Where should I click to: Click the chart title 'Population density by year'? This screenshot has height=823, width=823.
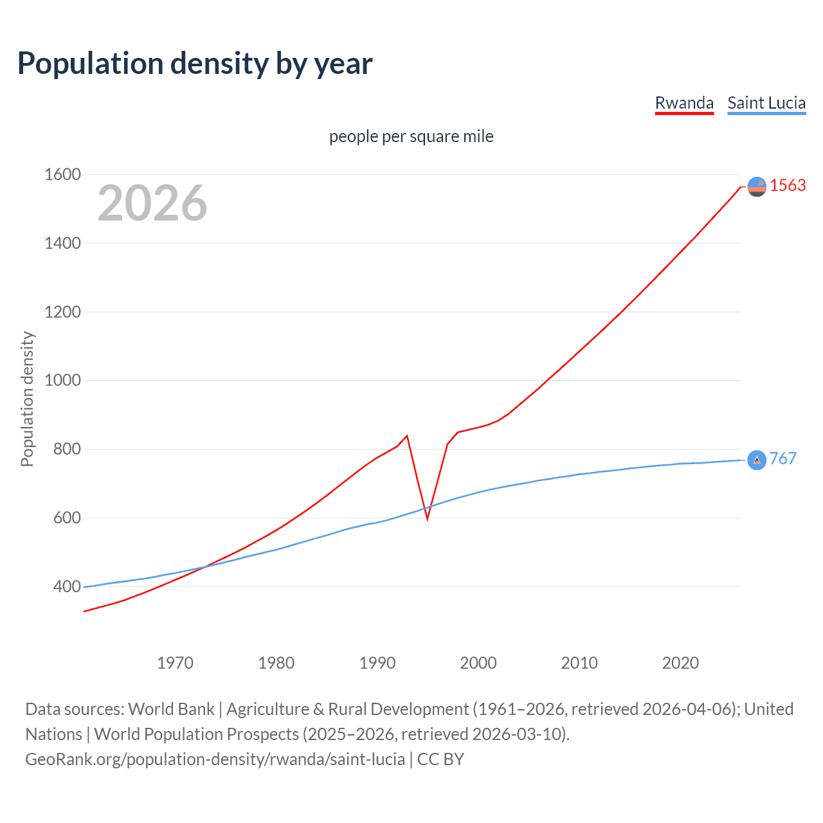[x=195, y=64]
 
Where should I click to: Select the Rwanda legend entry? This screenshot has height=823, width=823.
[x=684, y=103]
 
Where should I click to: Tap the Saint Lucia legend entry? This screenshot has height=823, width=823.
[x=766, y=103]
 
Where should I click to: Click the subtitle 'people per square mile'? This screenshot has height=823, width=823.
[x=411, y=136]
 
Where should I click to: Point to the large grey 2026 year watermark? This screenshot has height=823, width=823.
[x=152, y=203]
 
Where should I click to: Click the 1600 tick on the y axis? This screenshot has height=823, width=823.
[x=62, y=174]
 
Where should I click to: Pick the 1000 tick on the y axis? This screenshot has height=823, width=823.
[x=62, y=380]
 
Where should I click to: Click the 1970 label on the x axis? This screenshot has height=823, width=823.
[x=175, y=663]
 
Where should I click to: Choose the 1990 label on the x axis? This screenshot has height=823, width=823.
[x=377, y=663]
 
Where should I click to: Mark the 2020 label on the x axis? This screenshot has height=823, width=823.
[x=680, y=663]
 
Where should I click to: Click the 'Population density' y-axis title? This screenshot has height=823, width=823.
[x=27, y=399]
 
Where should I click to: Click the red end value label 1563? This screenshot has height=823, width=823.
[x=788, y=185]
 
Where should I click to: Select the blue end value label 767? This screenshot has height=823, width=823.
[x=782, y=458]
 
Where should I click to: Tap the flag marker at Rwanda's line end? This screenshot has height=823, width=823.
[x=757, y=186]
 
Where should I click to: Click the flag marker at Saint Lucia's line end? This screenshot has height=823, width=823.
[x=757, y=460]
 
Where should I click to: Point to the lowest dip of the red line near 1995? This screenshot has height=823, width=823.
[x=427, y=518]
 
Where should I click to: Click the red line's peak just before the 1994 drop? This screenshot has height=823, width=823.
[x=407, y=436]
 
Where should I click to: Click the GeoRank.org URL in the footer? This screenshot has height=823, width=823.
[x=215, y=759]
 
